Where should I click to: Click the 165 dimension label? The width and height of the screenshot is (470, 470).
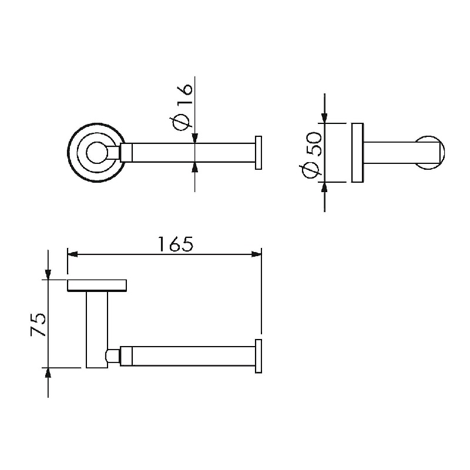click(176, 244)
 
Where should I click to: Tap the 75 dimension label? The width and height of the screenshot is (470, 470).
click(38, 325)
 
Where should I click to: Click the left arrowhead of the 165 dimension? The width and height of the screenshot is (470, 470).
click(72, 254)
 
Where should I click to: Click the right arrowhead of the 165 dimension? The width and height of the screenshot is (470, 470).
click(256, 254)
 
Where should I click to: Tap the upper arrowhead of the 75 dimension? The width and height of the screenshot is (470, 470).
click(48, 274)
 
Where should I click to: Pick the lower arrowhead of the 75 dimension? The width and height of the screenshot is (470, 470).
click(48, 373)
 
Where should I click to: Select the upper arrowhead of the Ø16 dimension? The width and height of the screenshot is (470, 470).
click(195, 138)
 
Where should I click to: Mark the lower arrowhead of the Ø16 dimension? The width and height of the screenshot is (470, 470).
click(195, 167)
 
